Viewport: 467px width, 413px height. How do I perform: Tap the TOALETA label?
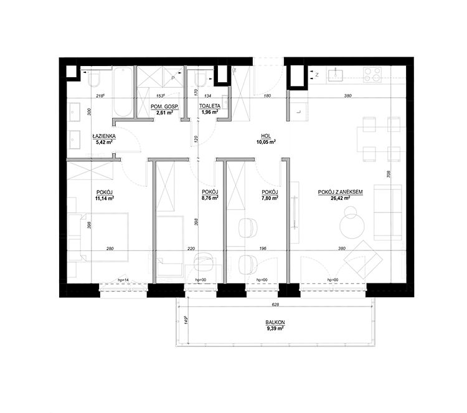(210, 107)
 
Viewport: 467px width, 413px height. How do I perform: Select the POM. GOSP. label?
(164, 107)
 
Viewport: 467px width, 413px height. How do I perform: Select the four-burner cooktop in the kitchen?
(372, 74)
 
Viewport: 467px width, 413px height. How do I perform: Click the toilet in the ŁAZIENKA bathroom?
(95, 78)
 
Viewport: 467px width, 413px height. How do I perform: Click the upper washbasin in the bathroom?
(75, 113)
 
